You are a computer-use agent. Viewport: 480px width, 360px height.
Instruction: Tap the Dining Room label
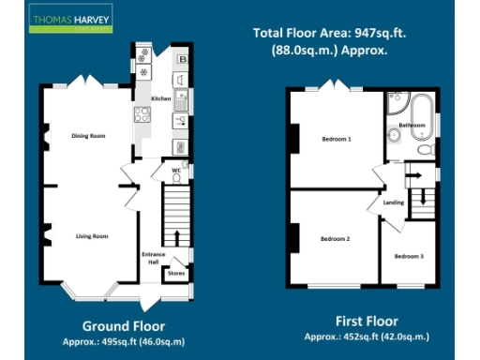coord(88,136)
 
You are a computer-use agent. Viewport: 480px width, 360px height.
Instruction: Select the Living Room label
coord(92,236)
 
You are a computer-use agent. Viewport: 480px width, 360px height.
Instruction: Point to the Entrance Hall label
coord(153,258)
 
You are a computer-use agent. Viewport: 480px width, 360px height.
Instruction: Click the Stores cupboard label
coord(175,274)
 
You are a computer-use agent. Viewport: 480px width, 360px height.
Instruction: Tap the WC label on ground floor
coord(174,170)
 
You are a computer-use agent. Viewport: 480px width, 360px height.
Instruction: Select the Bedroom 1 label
coord(336,140)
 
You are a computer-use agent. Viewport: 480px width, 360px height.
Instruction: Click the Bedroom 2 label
coord(335,239)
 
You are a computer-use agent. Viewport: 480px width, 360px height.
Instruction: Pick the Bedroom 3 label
coord(408,256)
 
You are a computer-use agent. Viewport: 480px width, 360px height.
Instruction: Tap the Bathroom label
coord(412,125)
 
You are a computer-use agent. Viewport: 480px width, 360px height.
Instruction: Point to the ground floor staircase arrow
coord(176,234)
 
